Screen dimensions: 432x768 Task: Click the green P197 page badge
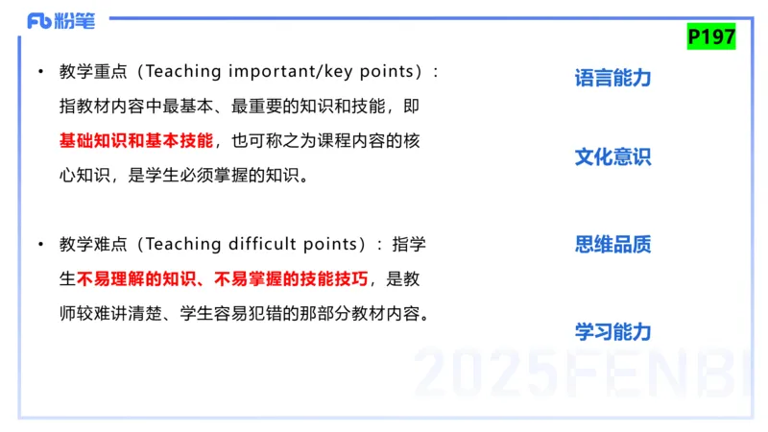click(x=711, y=36)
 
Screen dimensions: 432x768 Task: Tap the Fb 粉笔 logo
click(x=60, y=20)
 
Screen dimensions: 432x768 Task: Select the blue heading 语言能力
click(x=612, y=78)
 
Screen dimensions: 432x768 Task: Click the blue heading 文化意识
click(x=612, y=156)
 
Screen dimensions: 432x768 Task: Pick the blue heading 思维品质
click(x=612, y=244)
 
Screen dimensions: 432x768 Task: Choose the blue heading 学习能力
click(x=612, y=331)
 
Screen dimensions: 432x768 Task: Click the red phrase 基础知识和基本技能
click(x=136, y=140)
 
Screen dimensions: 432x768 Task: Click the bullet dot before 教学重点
click(x=40, y=72)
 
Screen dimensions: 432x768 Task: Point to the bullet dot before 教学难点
click(x=40, y=245)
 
